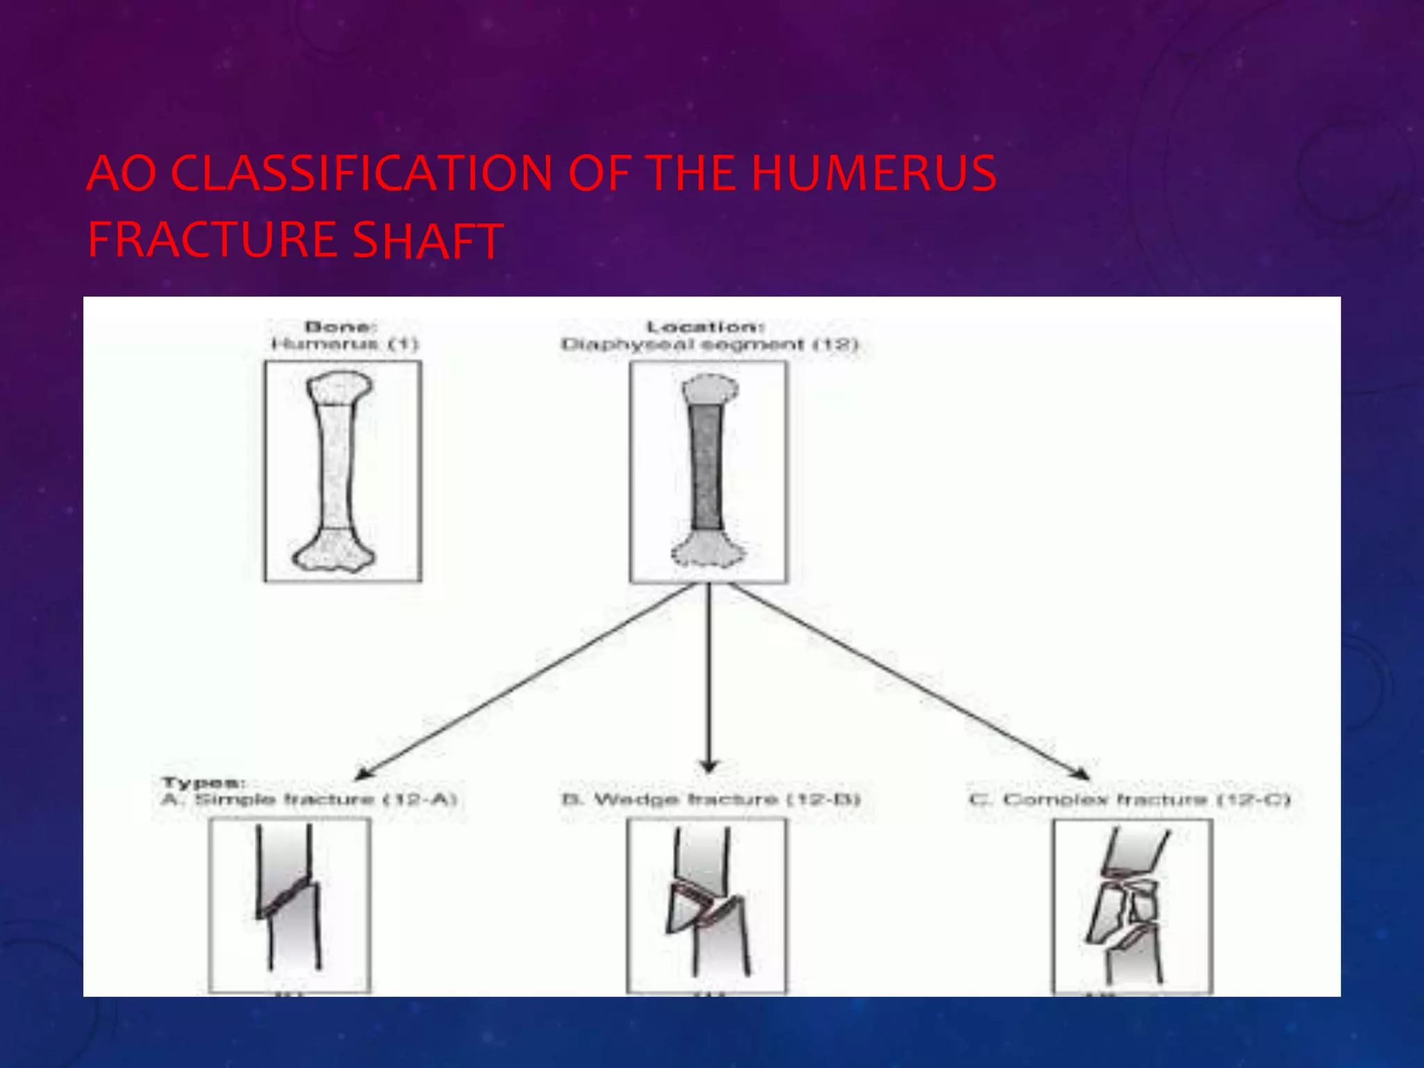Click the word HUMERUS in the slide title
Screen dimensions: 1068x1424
874,173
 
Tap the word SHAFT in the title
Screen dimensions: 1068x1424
427,241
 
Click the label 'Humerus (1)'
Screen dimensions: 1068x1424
344,343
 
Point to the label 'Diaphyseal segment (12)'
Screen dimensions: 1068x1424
709,344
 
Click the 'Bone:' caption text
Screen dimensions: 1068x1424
341,327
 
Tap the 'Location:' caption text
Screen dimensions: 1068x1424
706,327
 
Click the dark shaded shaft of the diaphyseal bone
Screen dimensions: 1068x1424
706,467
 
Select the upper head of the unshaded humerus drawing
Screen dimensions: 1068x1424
339,388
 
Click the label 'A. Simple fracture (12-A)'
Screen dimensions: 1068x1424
309,799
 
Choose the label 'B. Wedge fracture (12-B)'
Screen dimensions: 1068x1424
711,799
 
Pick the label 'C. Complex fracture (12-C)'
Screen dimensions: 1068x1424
1130,800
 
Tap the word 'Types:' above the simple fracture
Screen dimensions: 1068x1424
203,783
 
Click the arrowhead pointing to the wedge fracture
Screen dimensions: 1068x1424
709,766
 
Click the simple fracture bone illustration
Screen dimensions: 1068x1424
289,900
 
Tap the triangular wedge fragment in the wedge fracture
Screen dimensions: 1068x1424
685,907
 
